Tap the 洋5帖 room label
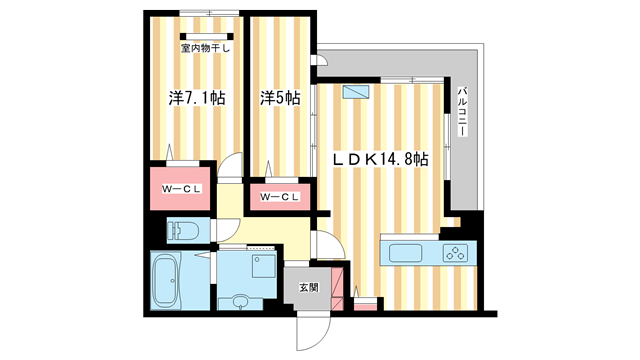tap(281, 98)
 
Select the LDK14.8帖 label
tap(381, 159)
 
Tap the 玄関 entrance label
tap(308, 288)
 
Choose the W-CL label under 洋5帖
tap(280, 197)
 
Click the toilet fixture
tap(184, 230)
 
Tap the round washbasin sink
tap(239, 301)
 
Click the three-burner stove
tap(456, 252)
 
